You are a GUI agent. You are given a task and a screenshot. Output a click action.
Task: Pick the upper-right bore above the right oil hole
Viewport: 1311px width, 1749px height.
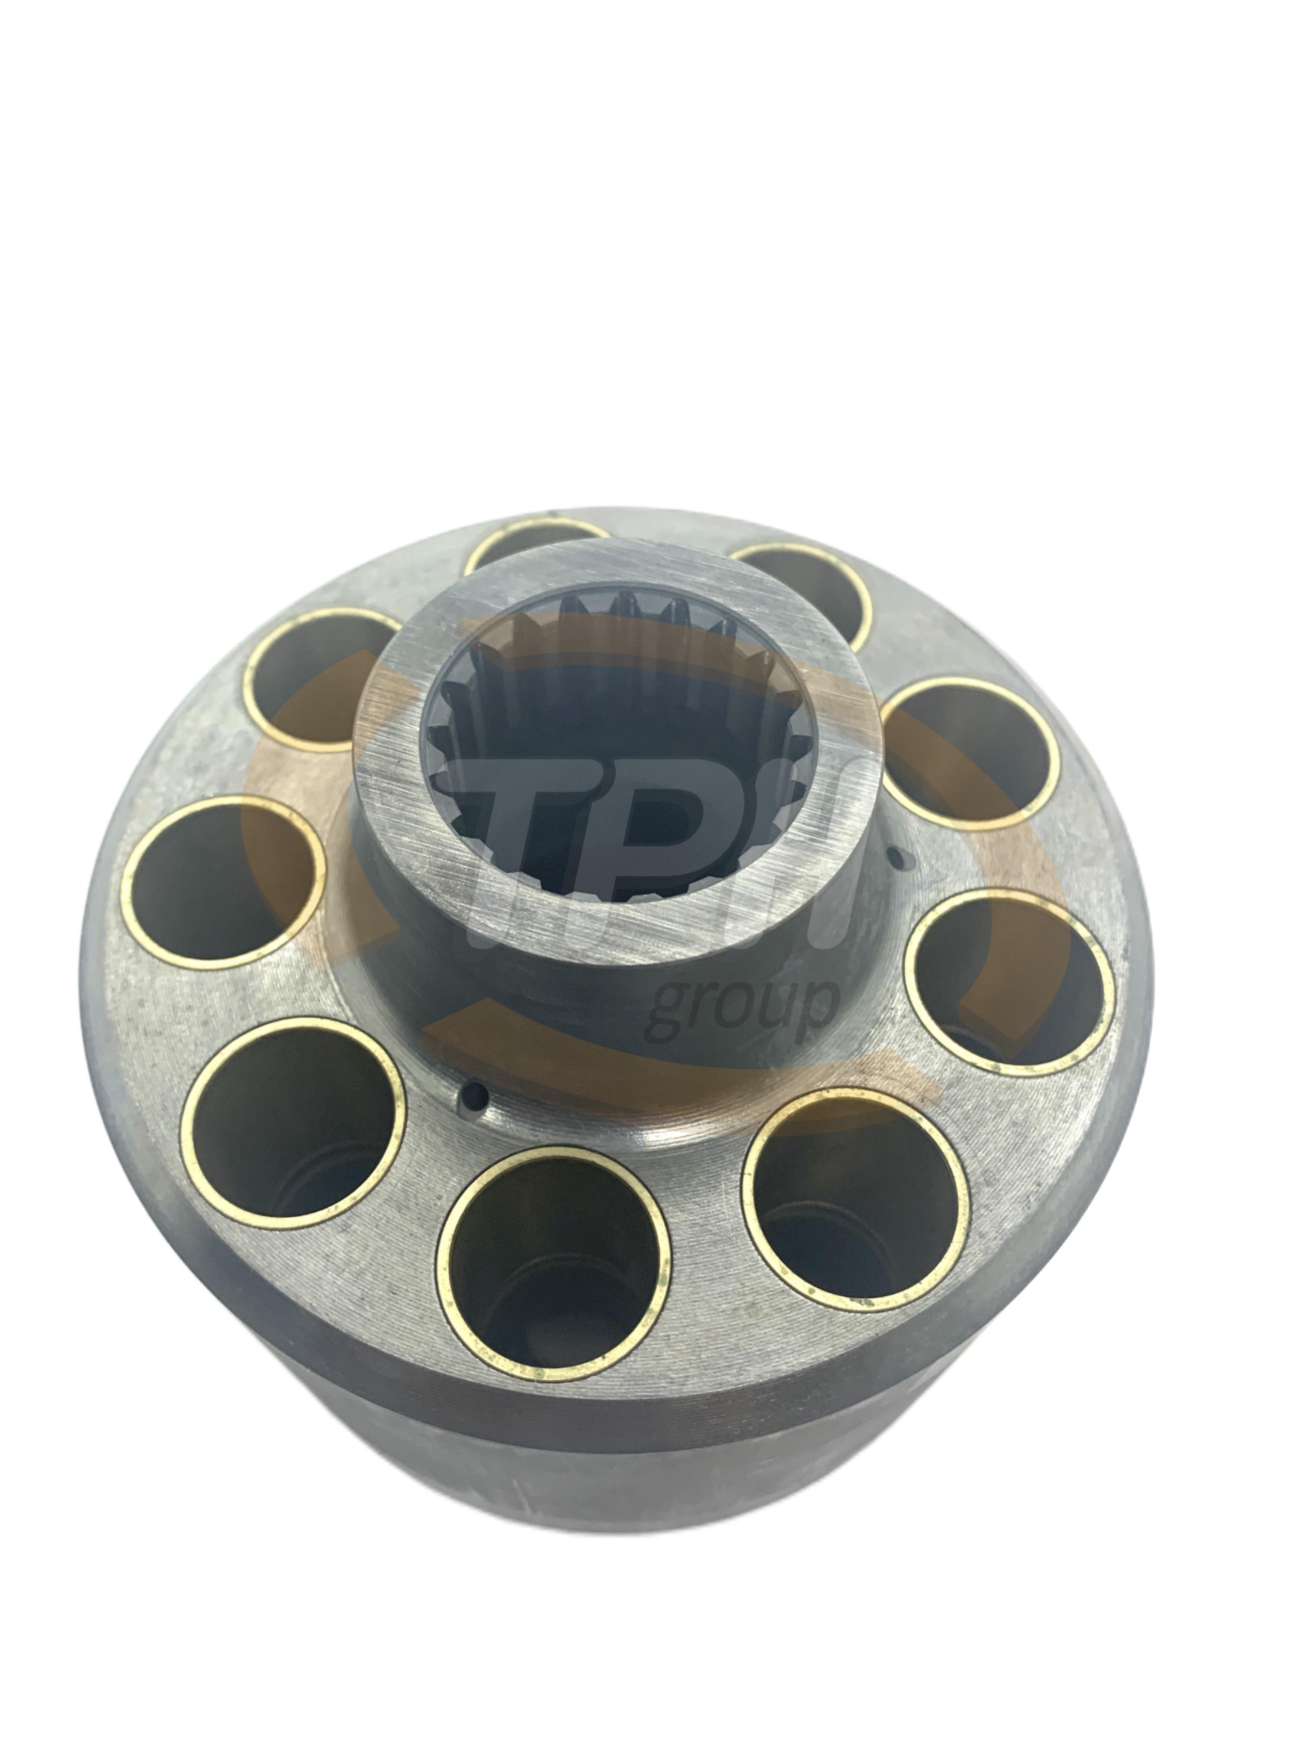(970, 751)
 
